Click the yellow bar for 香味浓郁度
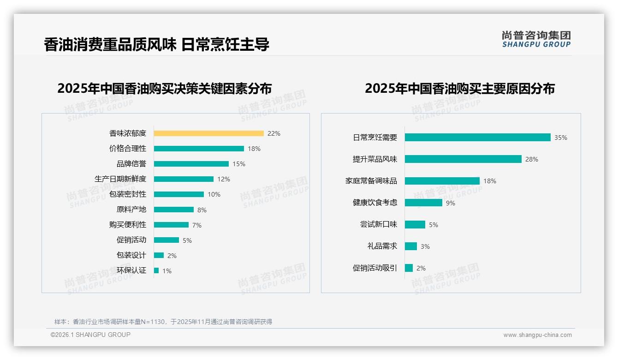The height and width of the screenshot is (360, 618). [208, 133]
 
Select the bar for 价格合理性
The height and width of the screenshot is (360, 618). [199, 149]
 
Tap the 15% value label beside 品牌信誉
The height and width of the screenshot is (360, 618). [239, 164]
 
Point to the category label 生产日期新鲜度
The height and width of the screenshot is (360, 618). [120, 179]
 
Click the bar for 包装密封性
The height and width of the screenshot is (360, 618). [179, 194]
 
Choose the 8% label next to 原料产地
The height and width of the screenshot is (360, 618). [202, 210]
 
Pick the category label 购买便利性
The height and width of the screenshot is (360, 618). [128, 224]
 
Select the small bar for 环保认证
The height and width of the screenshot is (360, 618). [156, 270]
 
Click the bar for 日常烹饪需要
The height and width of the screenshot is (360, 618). [477, 138]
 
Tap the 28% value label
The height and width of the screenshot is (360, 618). [532, 159]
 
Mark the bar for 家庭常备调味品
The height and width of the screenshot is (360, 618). [442, 181]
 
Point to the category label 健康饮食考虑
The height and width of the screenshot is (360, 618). [375, 202]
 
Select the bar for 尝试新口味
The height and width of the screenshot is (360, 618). [415, 224]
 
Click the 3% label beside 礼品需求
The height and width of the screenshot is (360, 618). [425, 246]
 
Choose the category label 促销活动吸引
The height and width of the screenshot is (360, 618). [375, 268]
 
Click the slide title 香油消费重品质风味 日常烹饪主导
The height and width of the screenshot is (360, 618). [156, 44]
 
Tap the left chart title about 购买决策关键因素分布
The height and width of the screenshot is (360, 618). [164, 88]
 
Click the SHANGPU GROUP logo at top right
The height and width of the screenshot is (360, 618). [536, 39]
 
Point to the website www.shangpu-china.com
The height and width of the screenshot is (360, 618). [537, 335]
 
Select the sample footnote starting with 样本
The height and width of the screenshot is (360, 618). [163, 322]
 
